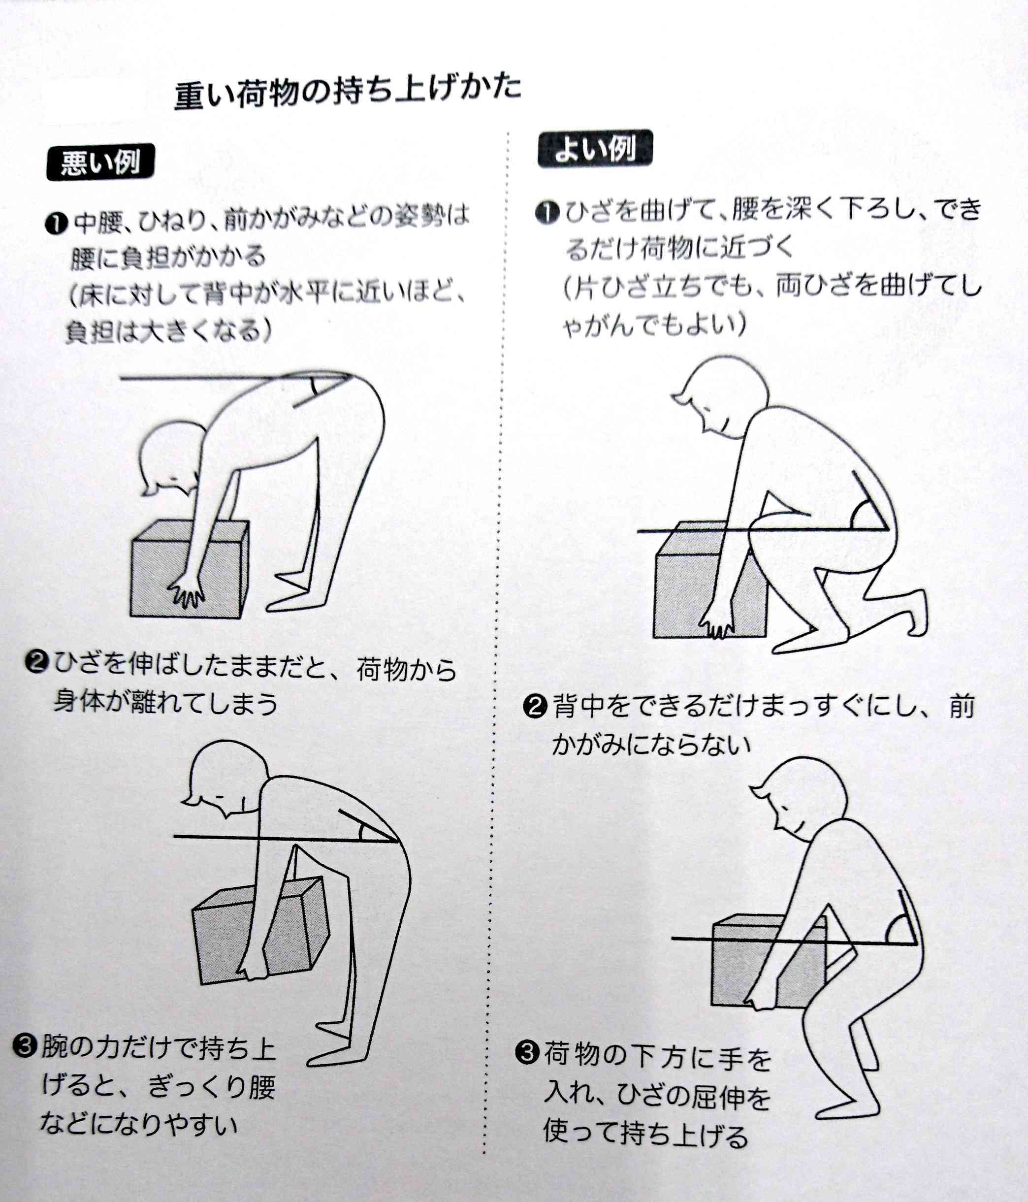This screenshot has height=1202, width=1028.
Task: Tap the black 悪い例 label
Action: pos(100,162)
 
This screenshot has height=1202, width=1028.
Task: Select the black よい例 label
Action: pos(595,150)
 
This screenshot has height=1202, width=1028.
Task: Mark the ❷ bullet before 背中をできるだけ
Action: pos(535,706)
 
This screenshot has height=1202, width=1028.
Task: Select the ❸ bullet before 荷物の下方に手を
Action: pos(526,1052)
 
